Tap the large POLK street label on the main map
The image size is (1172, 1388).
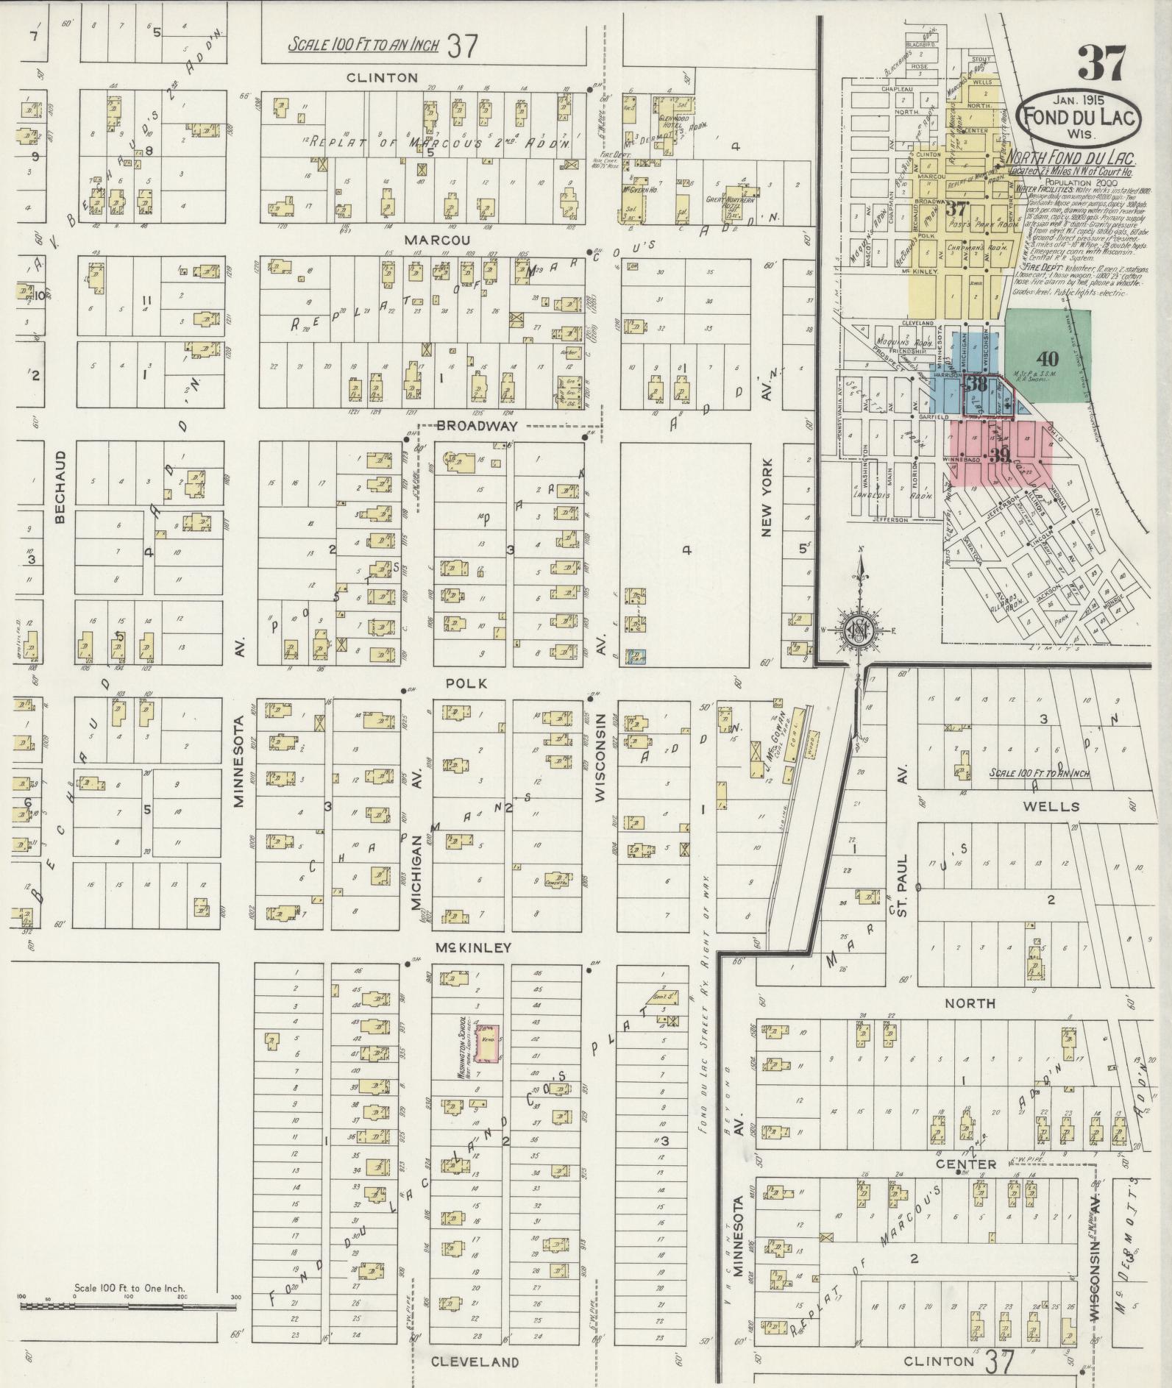point(467,683)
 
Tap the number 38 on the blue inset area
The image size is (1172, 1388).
point(976,385)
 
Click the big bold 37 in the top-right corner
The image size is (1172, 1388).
point(1101,63)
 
